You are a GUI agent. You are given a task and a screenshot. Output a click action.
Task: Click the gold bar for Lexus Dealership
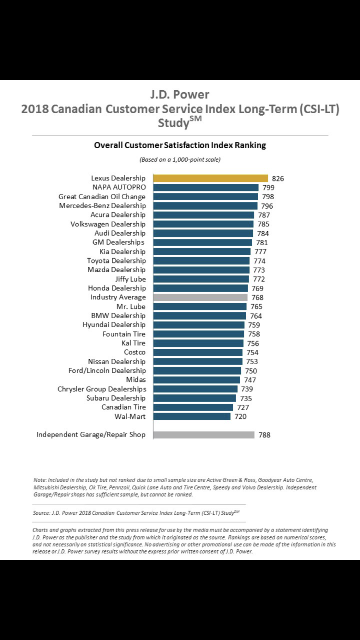tap(210, 178)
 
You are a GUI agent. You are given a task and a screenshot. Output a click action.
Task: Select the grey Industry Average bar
tap(200, 297)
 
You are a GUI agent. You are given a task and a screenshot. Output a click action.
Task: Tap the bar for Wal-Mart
tap(192, 416)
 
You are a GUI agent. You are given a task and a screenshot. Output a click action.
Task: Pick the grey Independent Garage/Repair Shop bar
tap(204, 435)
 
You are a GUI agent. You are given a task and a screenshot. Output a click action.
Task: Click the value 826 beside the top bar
tap(278, 178)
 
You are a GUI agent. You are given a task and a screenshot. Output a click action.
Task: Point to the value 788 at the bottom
tap(264, 435)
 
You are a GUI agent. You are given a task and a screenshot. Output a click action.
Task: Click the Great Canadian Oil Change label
tap(102, 197)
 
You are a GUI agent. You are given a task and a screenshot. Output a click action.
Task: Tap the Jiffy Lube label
tap(130, 279)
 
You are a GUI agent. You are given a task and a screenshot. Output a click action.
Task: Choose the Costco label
tap(134, 352)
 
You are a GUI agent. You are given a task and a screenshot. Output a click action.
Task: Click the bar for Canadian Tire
tap(193, 407)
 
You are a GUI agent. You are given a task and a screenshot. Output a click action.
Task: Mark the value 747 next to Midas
tap(250, 380)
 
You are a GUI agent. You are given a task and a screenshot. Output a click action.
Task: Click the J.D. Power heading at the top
tap(180, 95)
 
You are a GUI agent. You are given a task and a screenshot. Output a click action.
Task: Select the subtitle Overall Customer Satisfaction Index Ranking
tap(180, 145)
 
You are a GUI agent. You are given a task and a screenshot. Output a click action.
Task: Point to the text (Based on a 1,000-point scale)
tap(180, 159)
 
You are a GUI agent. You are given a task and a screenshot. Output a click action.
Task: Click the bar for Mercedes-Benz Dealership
tap(205, 206)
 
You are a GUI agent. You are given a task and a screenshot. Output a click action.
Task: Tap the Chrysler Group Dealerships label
tap(102, 389)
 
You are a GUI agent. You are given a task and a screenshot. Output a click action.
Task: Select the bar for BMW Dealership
tap(199, 316)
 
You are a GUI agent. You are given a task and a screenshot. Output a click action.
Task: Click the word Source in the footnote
tap(41, 513)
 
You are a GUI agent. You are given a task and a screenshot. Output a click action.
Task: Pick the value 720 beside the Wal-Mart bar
tap(240, 417)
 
